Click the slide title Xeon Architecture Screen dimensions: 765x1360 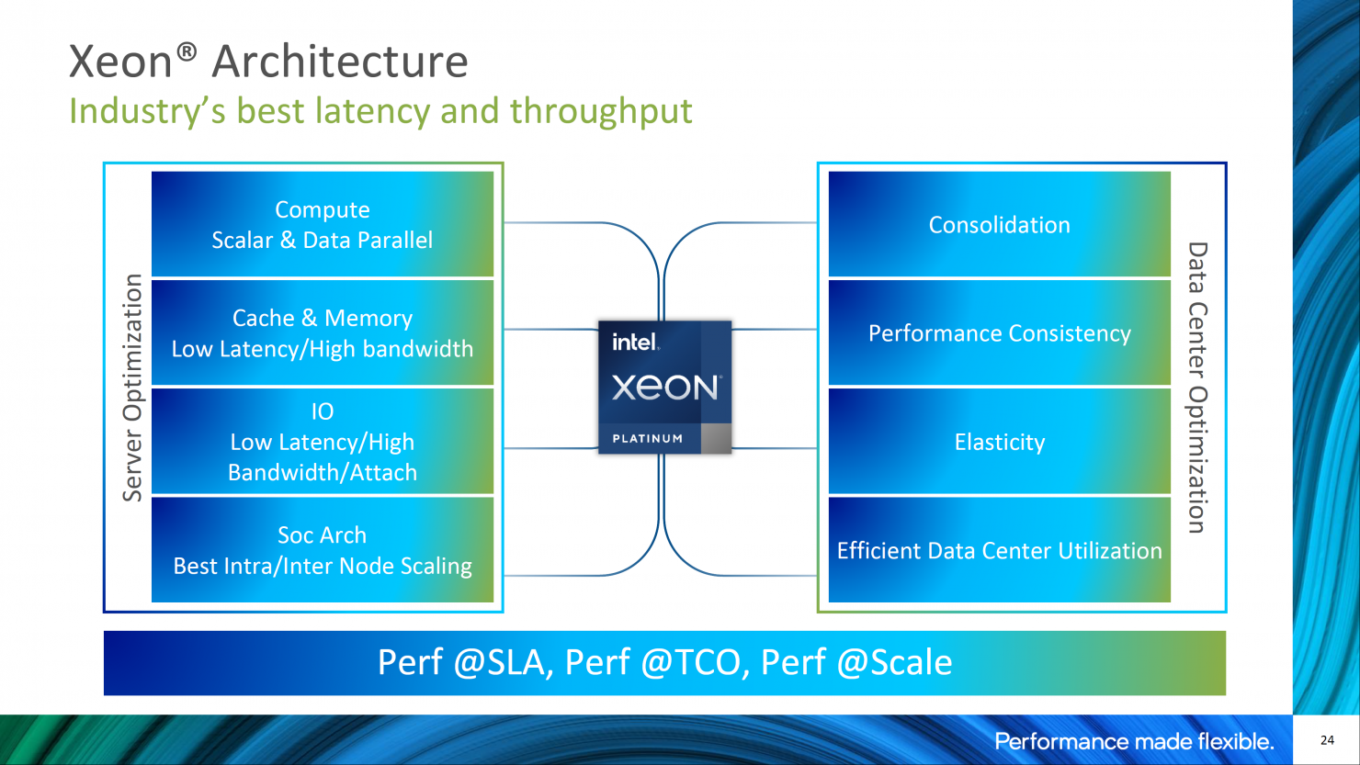click(268, 62)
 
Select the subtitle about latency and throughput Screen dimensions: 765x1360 click(380, 111)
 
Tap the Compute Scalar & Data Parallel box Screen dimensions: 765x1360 click(323, 225)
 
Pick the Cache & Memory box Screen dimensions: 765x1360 click(323, 332)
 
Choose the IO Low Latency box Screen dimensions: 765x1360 click(323, 442)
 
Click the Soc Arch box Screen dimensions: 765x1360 click(323, 550)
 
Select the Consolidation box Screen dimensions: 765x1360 click(999, 225)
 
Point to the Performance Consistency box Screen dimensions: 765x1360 click(999, 332)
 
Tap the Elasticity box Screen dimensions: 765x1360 click(999, 442)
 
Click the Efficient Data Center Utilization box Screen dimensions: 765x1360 click(999, 550)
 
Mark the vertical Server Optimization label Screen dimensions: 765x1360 click(133, 388)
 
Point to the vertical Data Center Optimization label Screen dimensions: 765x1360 click(1196, 388)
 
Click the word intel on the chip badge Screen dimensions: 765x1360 click(635, 343)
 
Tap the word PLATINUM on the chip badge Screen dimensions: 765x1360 click(648, 439)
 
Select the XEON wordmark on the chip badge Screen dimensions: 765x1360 click(665, 388)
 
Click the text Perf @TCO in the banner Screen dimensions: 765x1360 click(652, 663)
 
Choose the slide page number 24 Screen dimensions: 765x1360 click(1327, 740)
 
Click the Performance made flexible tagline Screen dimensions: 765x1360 click(1134, 742)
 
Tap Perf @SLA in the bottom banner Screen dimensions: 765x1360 click(464, 663)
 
